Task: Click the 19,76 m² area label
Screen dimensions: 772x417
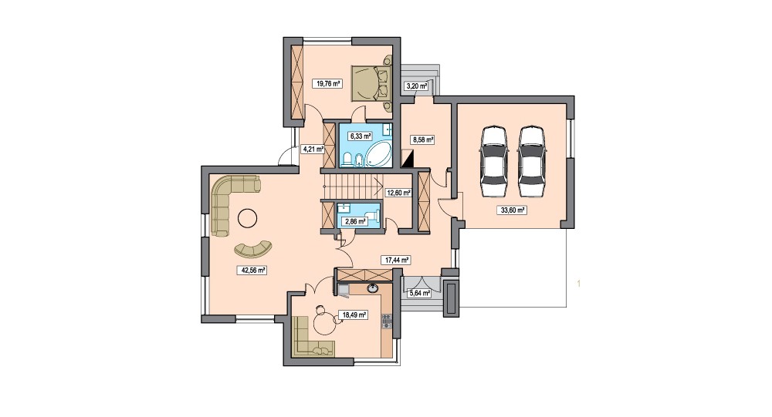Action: point(327,83)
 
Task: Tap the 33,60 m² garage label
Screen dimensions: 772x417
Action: point(513,210)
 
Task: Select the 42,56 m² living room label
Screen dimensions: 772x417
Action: point(252,270)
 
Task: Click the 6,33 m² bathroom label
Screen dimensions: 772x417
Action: point(360,136)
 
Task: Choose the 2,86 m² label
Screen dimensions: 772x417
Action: point(355,221)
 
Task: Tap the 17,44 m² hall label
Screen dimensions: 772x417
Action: point(396,260)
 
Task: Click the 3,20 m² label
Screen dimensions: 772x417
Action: point(416,86)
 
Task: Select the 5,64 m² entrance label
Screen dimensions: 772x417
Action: point(420,294)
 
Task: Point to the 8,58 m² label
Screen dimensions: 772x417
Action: point(423,140)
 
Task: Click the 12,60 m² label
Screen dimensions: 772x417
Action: point(398,193)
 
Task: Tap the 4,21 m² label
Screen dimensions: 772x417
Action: point(313,149)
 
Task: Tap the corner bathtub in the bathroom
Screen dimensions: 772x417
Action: point(378,155)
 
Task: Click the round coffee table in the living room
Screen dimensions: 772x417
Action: point(247,218)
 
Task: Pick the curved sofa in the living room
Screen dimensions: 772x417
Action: point(253,251)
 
